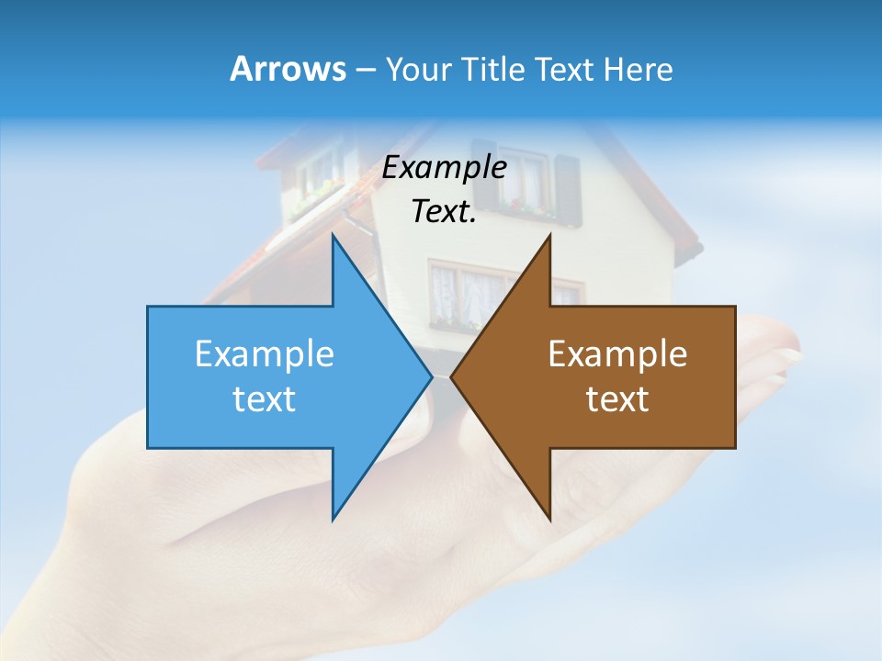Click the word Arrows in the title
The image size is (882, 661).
pyautogui.click(x=287, y=70)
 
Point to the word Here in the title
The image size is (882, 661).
pyautogui.click(x=638, y=70)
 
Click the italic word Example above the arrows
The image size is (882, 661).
pyautogui.click(x=445, y=167)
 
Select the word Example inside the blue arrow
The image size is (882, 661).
pyautogui.click(x=265, y=354)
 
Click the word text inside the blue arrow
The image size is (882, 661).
pyautogui.click(x=265, y=399)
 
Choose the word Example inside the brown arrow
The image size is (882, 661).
pyautogui.click(x=617, y=354)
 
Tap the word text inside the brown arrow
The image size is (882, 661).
pyautogui.click(x=617, y=399)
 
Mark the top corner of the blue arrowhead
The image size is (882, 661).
pyautogui.click(x=333, y=237)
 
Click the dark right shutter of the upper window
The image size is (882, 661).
pyautogui.click(x=568, y=188)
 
